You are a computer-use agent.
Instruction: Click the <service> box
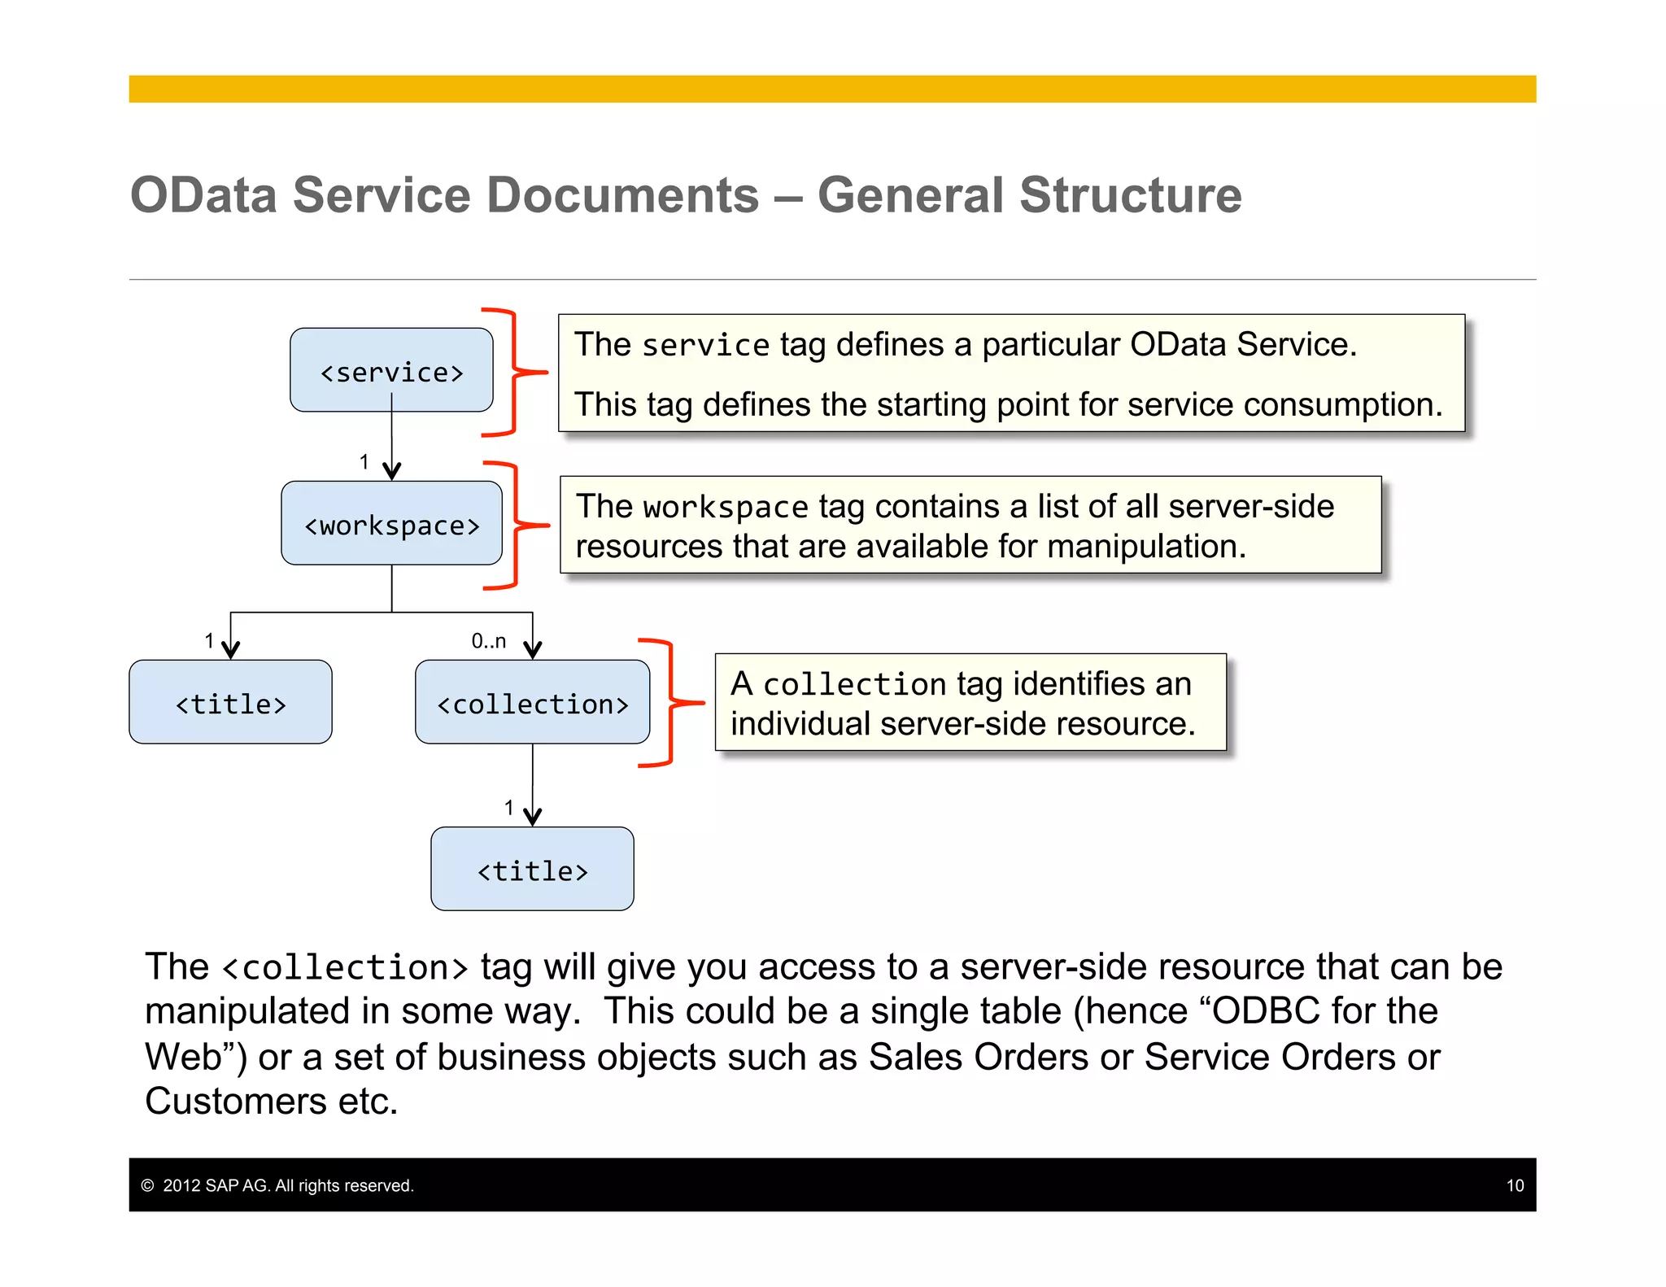pos(391,370)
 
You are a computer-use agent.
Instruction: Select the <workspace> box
pos(391,524)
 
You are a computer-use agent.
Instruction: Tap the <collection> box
pos(532,702)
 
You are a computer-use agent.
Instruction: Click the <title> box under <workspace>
pos(230,702)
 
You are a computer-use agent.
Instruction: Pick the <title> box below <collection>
pos(532,869)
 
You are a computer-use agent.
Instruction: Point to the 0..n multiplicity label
pos(488,641)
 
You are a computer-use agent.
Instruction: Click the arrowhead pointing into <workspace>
pos(392,471)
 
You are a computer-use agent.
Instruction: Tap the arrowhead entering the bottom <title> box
pos(533,816)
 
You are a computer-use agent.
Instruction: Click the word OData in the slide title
pos(203,196)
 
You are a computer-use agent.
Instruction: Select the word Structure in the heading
pos(1130,196)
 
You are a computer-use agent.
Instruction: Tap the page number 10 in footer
pos(1515,1186)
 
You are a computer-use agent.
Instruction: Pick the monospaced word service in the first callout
pos(705,346)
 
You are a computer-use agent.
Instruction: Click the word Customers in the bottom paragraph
pos(236,1102)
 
